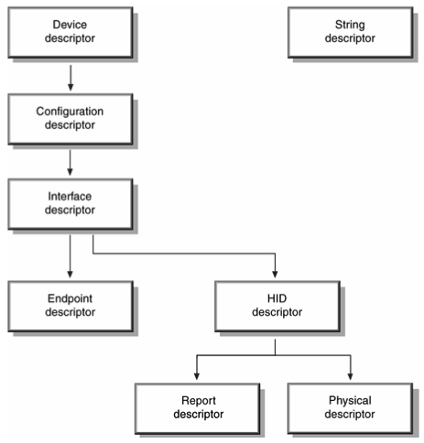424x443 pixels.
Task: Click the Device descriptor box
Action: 71,32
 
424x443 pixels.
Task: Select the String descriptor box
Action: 351,32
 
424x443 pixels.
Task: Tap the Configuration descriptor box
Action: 71,119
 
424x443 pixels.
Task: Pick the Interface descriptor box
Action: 71,204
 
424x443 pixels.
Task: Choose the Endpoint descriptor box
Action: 71,307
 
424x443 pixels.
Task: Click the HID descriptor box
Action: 277,307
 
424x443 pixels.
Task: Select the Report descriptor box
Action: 198,408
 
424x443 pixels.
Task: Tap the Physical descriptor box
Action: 351,408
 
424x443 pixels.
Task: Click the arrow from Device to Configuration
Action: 71,78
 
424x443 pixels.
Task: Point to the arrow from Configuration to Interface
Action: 70,163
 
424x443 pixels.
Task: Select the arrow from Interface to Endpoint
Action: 70,256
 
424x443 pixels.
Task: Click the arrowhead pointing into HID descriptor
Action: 275,274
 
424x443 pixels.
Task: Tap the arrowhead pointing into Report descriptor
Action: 197,376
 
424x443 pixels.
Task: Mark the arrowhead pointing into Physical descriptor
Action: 351,376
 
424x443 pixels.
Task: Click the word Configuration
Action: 70,112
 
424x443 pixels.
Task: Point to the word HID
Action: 277,298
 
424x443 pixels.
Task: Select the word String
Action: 350,26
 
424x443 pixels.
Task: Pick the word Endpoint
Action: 70,298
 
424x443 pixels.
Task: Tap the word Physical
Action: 350,401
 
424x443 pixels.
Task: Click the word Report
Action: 199,401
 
